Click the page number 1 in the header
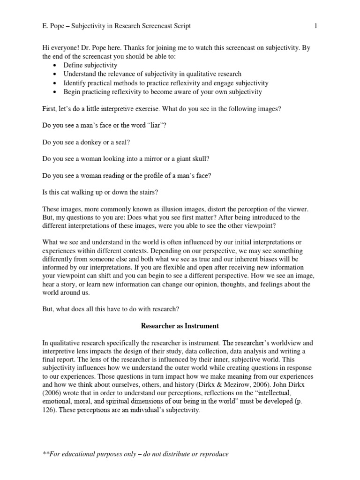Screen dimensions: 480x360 tap(315, 26)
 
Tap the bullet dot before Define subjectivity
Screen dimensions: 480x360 tap(56, 66)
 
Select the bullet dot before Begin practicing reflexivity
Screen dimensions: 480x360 tap(56, 92)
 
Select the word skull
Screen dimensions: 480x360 tap(199, 159)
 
